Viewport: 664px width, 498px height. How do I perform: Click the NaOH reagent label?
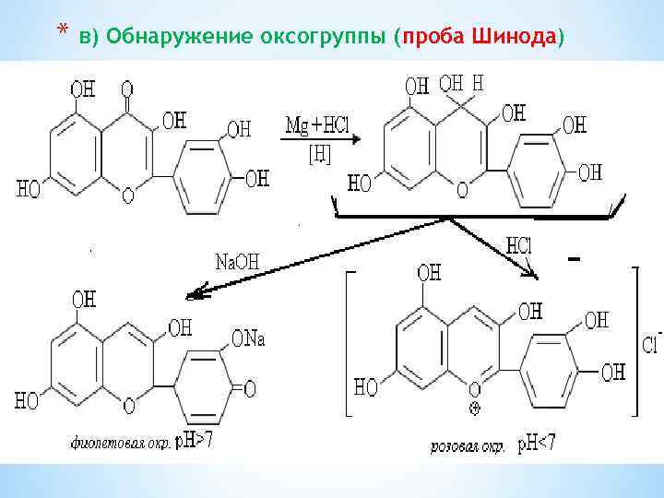tap(237, 262)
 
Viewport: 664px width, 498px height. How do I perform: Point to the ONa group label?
tap(248, 339)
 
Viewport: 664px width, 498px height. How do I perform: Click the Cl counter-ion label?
tap(649, 344)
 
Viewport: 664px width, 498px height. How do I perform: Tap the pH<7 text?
tap(535, 446)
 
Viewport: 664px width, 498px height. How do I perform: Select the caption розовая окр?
tap(468, 447)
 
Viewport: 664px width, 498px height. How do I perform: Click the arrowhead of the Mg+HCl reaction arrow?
tap(353, 139)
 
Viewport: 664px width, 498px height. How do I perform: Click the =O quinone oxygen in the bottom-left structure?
tap(248, 388)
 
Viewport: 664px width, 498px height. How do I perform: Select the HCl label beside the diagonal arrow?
tap(520, 247)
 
